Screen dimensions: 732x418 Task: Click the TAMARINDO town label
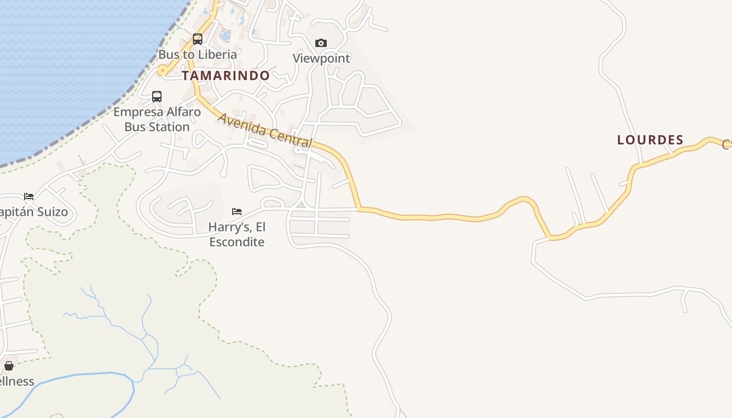(x=225, y=75)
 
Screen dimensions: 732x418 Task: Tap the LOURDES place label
(x=650, y=140)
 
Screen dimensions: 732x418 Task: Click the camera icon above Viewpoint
(x=321, y=43)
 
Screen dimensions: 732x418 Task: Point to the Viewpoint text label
(x=321, y=58)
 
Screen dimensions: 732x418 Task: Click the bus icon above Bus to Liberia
(x=198, y=39)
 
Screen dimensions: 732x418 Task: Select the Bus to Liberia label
(x=198, y=54)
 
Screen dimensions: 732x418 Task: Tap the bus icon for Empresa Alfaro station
(x=157, y=96)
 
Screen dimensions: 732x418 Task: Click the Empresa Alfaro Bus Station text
(x=157, y=119)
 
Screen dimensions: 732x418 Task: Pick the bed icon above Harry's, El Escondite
(x=237, y=211)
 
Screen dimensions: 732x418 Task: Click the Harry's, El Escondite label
(x=237, y=234)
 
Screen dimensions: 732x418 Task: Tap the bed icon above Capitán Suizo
(x=29, y=196)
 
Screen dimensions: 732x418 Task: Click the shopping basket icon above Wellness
(x=9, y=366)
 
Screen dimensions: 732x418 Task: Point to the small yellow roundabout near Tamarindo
(x=163, y=70)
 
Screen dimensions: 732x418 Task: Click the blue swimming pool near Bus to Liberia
(x=225, y=36)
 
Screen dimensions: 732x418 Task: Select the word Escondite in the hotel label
(x=237, y=242)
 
